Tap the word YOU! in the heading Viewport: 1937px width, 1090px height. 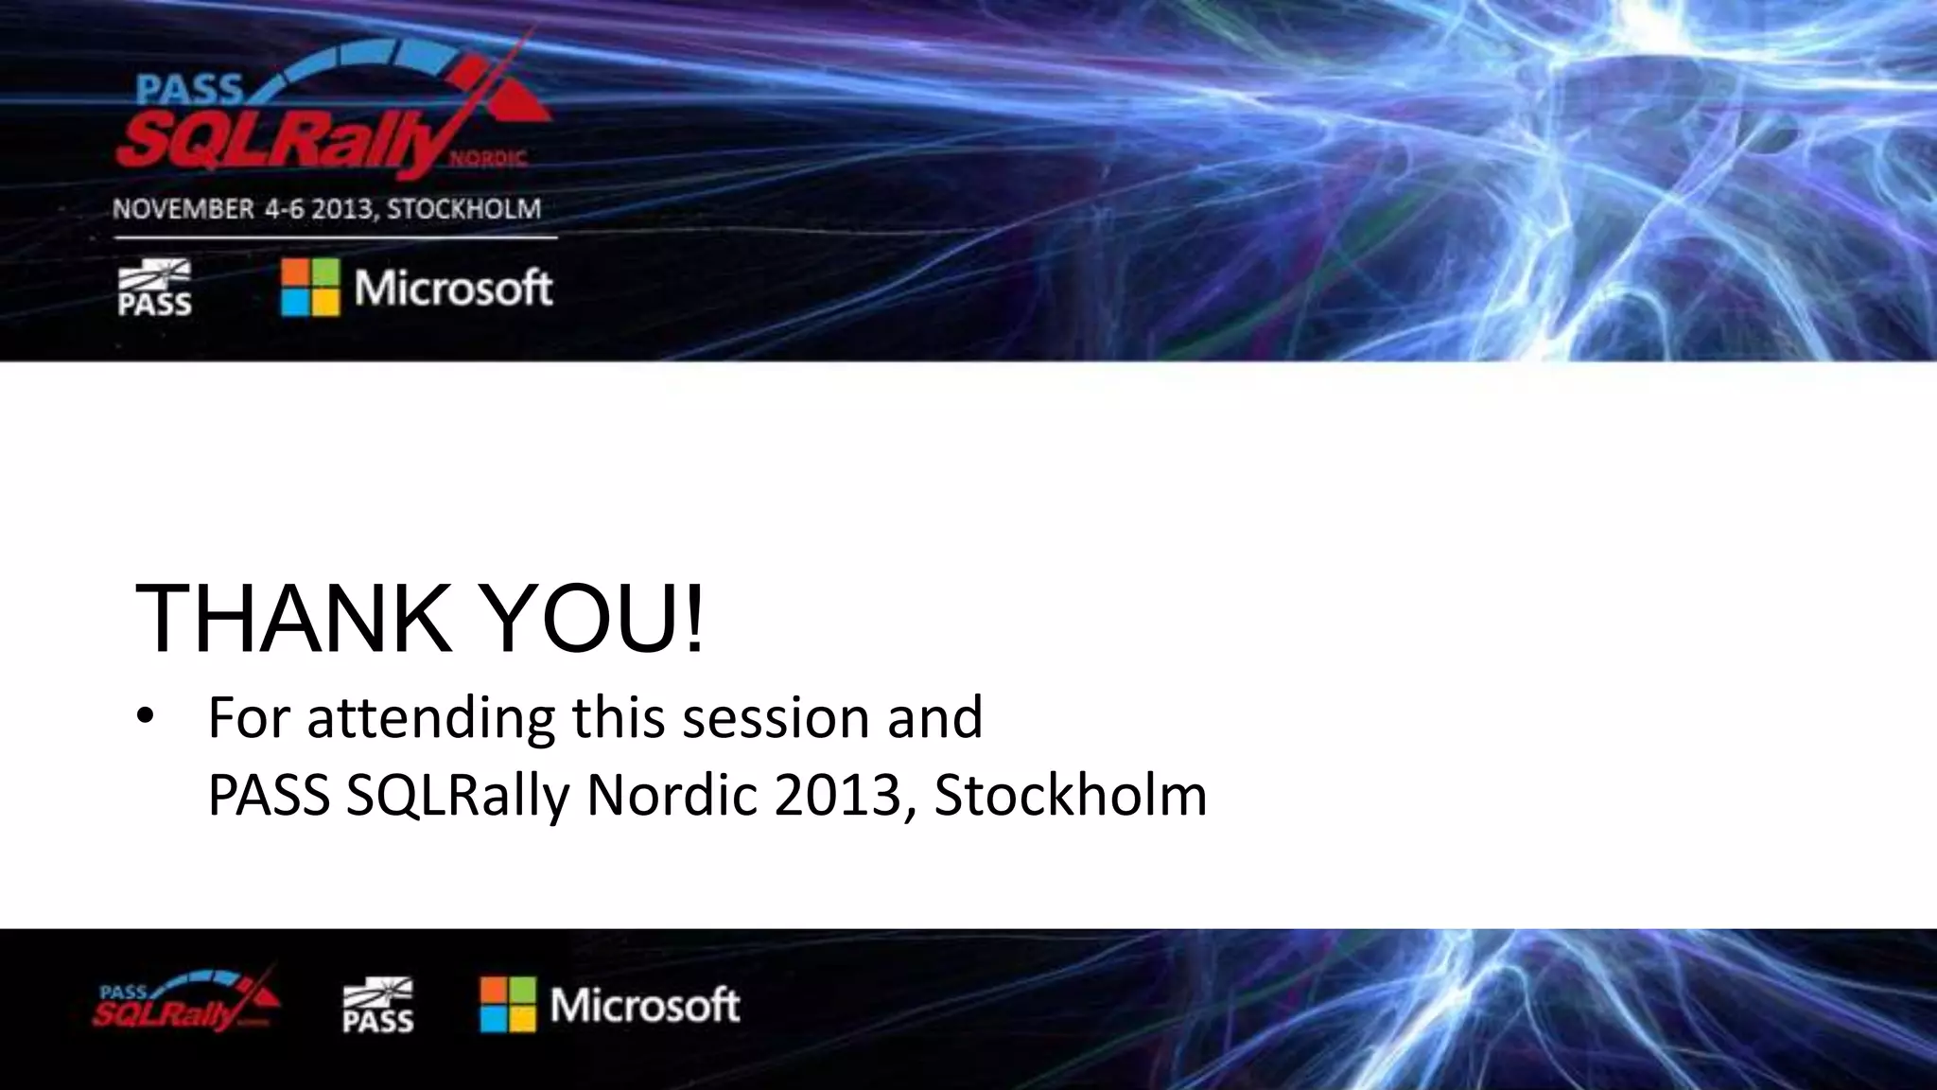point(595,619)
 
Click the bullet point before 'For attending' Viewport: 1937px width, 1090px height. point(144,717)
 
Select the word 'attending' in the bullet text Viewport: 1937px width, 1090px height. point(430,717)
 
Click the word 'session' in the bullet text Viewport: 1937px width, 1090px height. point(776,717)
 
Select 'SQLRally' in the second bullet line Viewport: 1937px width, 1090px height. point(458,795)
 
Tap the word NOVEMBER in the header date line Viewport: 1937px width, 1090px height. point(183,209)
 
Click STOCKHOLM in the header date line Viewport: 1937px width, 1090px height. point(463,209)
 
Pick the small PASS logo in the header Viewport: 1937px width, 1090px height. point(154,288)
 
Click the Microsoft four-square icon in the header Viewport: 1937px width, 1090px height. point(310,288)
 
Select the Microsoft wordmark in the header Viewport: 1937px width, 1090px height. point(453,288)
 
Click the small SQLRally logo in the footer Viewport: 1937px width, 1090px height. point(185,1003)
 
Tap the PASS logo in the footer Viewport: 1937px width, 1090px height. point(377,1005)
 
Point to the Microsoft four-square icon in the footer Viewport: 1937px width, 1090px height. point(508,1005)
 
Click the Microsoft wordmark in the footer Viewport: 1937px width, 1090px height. point(645,1005)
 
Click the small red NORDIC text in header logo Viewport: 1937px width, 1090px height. point(487,159)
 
